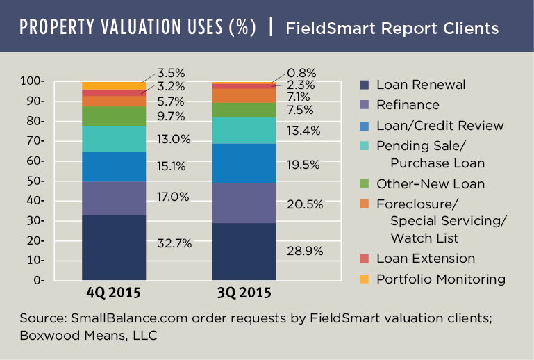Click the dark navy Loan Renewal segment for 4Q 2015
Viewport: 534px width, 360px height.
pyautogui.click(x=114, y=247)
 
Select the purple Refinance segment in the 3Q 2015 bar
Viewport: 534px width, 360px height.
pyautogui.click(x=244, y=203)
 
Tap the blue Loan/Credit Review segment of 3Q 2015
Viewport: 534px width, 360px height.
pyautogui.click(x=244, y=163)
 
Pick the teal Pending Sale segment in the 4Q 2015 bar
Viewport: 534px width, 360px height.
pyautogui.click(x=114, y=139)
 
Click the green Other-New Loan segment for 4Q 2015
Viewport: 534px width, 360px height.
pyautogui.click(x=114, y=116)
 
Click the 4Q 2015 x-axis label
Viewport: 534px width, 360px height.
pyautogui.click(x=115, y=293)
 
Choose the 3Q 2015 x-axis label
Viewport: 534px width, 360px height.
pyautogui.click(x=244, y=293)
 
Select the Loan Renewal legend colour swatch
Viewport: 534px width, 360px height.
pyautogui.click(x=363, y=85)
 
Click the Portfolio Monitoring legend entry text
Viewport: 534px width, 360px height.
pyautogui.click(x=440, y=279)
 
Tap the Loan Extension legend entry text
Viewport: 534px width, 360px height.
pyautogui.click(x=425, y=259)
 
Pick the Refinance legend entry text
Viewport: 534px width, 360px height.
pyautogui.click(x=408, y=105)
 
